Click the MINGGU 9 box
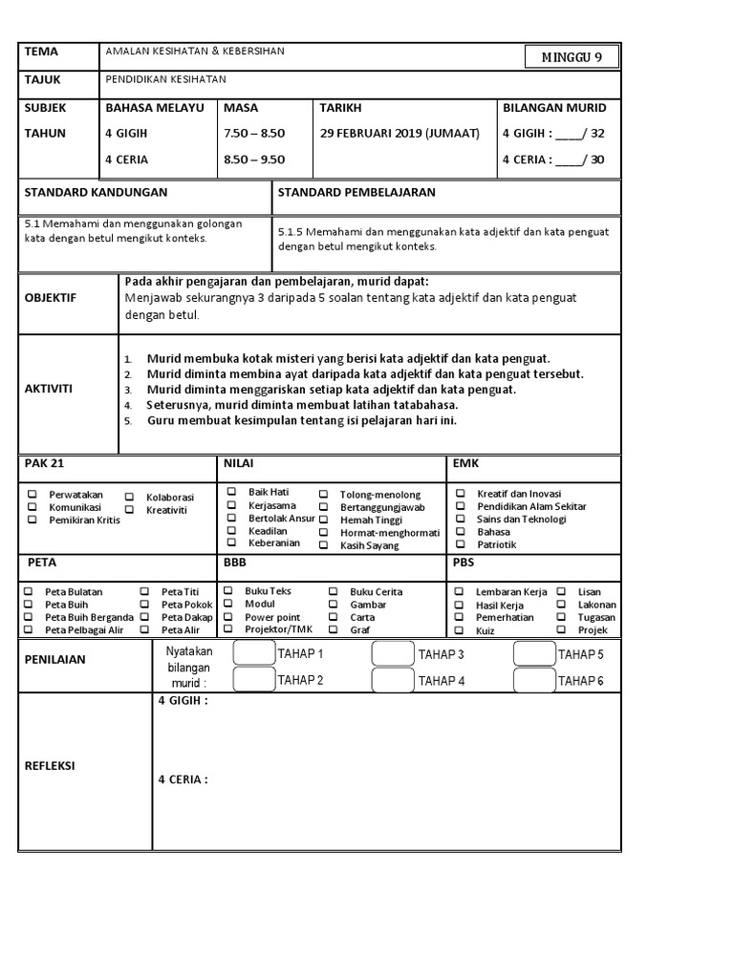pyautogui.click(x=572, y=57)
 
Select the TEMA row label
pyautogui.click(x=41, y=53)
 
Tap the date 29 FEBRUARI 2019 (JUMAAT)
pyautogui.click(x=399, y=133)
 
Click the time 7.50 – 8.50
pyautogui.click(x=253, y=133)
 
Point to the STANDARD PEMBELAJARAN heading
pyautogui.click(x=356, y=192)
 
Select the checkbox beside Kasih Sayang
pyautogui.click(x=324, y=545)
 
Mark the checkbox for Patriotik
pyautogui.click(x=460, y=544)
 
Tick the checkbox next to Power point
pyautogui.click(x=228, y=617)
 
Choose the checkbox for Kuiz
pyautogui.click(x=460, y=630)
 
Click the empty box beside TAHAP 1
pyautogui.click(x=253, y=653)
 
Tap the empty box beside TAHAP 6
pyautogui.click(x=534, y=680)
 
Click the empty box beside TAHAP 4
pyautogui.click(x=393, y=680)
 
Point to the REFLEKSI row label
pyautogui.click(x=51, y=766)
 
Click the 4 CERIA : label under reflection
pyautogui.click(x=183, y=779)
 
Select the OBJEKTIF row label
pyautogui.click(x=51, y=298)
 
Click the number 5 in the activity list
pyautogui.click(x=127, y=419)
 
